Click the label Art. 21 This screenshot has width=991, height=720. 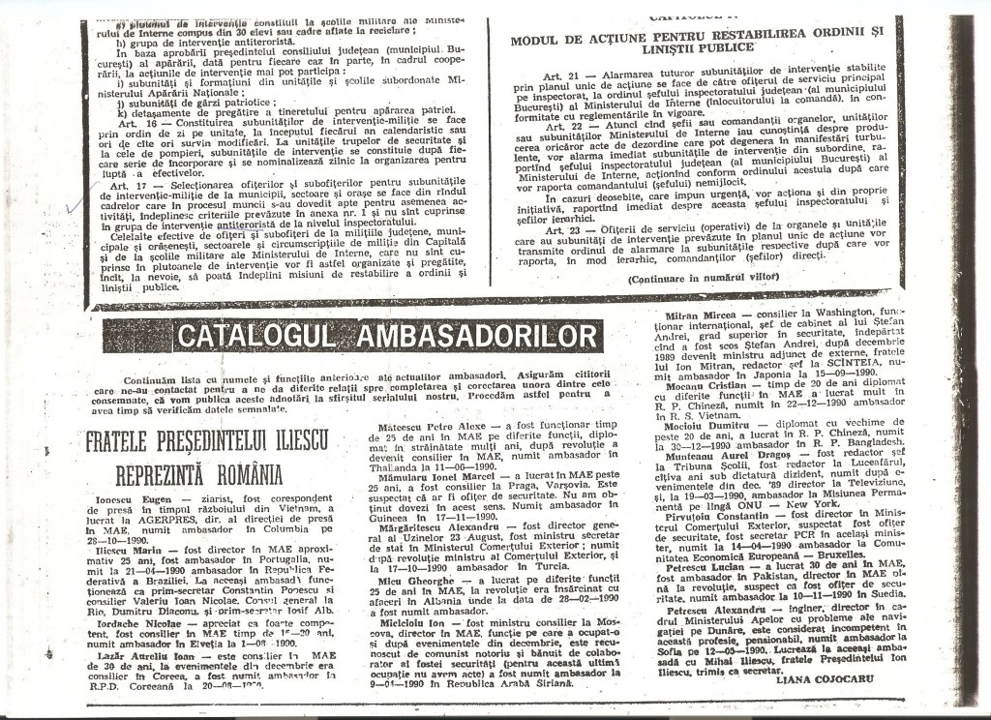(561, 74)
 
